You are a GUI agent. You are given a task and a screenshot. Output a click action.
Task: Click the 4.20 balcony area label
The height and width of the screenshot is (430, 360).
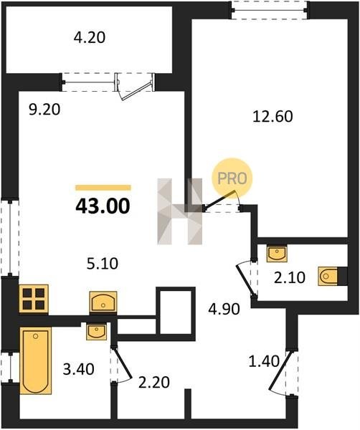[90, 37]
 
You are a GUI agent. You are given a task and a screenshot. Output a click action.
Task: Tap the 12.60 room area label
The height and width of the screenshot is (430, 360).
[273, 116]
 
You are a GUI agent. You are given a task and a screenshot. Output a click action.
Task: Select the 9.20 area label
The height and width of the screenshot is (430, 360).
[44, 110]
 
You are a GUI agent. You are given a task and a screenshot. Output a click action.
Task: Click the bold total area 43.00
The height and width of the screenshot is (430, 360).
[103, 206]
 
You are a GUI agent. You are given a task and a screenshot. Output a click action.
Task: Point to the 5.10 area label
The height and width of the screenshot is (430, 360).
[103, 264]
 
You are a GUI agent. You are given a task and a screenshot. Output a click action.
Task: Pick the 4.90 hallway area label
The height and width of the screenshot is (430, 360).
[224, 309]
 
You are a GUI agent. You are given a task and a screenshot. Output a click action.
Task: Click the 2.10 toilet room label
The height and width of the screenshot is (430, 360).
[290, 277]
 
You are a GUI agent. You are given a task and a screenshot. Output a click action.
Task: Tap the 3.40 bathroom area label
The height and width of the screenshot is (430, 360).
[78, 369]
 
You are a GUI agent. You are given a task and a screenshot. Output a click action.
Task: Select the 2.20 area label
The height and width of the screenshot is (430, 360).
[153, 382]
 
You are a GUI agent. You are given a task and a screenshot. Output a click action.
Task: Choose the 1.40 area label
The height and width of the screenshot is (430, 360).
[264, 361]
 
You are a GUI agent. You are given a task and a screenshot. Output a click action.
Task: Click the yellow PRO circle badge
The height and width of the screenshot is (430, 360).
[232, 178]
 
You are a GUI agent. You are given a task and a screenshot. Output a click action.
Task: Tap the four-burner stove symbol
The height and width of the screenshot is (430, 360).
[34, 299]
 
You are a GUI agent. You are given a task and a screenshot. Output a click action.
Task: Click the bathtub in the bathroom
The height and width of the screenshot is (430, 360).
[35, 360]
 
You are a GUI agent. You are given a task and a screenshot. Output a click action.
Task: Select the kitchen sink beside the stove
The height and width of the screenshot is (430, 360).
[103, 302]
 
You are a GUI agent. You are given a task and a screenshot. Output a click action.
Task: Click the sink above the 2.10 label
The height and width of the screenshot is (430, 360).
[277, 254]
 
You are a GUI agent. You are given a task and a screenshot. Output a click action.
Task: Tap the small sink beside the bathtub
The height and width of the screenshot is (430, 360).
[96, 332]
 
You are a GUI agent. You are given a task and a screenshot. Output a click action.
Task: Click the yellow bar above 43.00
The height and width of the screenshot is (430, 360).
[103, 188]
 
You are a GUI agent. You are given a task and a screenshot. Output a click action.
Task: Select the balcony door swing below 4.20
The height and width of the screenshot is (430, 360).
[135, 87]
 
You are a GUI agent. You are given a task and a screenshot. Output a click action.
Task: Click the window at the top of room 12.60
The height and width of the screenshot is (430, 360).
[270, 11]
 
